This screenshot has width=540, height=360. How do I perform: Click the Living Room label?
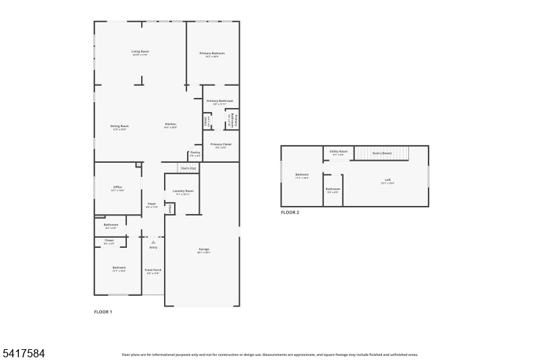[140, 51]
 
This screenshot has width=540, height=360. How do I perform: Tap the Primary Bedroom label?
[212, 53]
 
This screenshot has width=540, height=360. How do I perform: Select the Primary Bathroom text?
[220, 101]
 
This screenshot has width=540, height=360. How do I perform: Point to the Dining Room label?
[119, 126]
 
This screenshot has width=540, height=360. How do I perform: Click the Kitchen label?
[171, 124]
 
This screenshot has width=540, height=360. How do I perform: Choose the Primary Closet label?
[221, 144]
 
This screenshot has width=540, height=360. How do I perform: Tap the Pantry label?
[194, 152]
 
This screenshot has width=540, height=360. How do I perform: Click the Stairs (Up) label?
[188, 168]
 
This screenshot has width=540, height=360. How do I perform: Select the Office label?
[117, 187]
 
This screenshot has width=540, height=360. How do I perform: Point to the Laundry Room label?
[183, 191]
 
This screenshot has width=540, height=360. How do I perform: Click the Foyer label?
[152, 203]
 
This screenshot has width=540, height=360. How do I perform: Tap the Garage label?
[203, 249]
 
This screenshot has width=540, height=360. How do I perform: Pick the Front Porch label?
[153, 269]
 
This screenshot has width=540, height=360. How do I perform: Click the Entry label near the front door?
[153, 247]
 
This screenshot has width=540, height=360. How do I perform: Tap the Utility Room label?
[338, 151]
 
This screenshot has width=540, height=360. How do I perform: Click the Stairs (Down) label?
[382, 153]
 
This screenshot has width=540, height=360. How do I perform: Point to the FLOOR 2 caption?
[290, 212]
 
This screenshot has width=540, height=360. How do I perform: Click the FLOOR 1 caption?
[103, 311]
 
